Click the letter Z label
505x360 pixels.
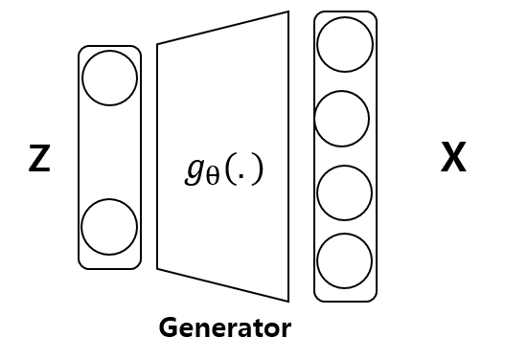[39, 158]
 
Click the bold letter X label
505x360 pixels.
[453, 157]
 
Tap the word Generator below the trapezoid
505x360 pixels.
[224, 327]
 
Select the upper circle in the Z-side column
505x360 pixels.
[109, 78]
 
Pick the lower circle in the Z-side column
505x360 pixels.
[109, 227]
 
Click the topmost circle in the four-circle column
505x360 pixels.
[345, 44]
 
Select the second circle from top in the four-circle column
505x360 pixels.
[342, 119]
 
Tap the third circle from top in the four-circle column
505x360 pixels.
[345, 192]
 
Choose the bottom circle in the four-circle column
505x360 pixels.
[345, 259]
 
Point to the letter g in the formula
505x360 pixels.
[195, 169]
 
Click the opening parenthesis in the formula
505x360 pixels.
[231, 169]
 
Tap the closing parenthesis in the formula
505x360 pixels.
[256, 169]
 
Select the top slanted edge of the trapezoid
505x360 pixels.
[222, 28]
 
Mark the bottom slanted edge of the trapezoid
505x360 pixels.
[222, 285]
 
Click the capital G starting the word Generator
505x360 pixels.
[167, 327]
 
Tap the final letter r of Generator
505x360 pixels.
[286, 329]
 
